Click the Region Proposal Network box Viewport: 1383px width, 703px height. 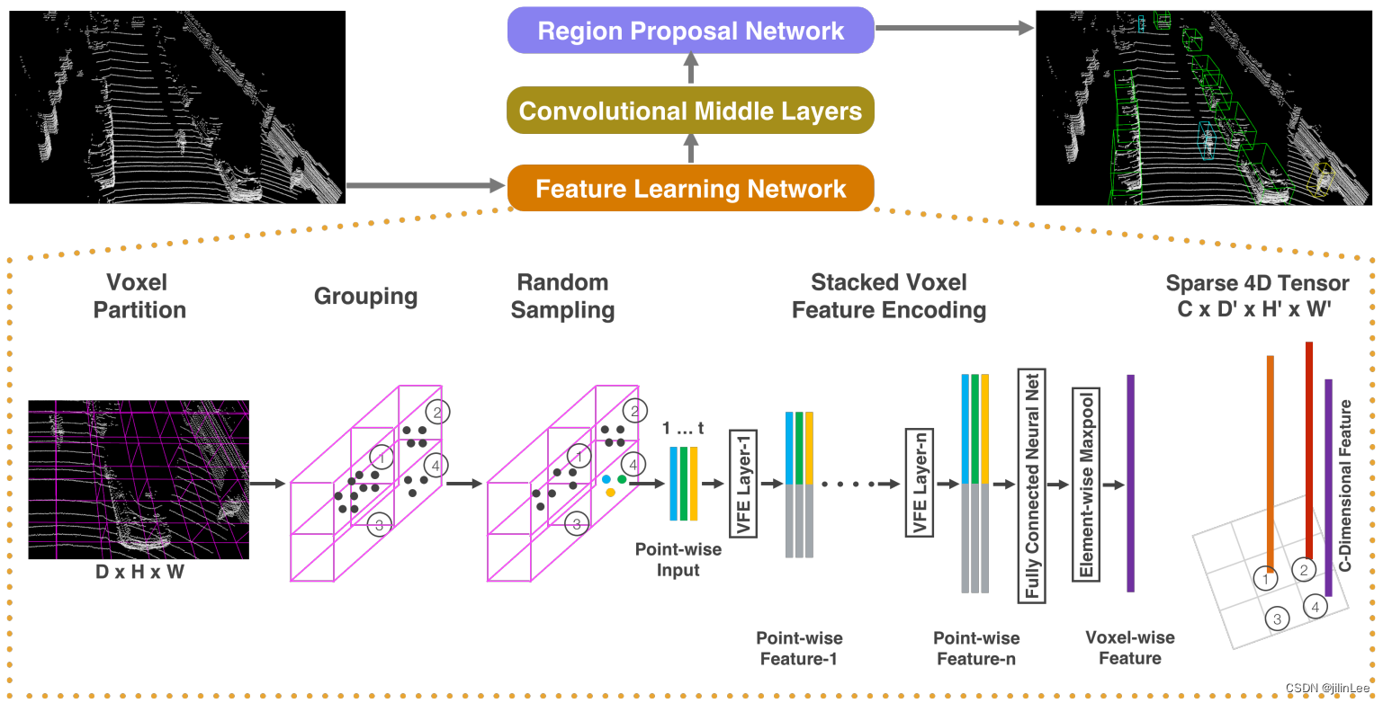[690, 31]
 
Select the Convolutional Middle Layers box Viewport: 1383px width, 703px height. [690, 111]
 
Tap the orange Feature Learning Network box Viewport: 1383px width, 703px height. [690, 189]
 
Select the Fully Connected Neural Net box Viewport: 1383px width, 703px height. [1031, 485]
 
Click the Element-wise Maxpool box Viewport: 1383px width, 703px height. [1086, 485]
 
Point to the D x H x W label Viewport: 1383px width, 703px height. [139, 571]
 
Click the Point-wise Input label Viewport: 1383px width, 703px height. [678, 558]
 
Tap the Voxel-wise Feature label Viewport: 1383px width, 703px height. [1129, 647]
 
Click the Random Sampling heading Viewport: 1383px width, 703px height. [562, 296]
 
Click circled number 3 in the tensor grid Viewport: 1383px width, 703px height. [1277, 618]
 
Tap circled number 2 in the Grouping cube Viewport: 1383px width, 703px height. [437, 412]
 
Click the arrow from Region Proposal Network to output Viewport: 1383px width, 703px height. [954, 29]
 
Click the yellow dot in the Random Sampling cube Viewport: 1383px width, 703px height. [610, 492]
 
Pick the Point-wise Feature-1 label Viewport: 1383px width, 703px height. [799, 647]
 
